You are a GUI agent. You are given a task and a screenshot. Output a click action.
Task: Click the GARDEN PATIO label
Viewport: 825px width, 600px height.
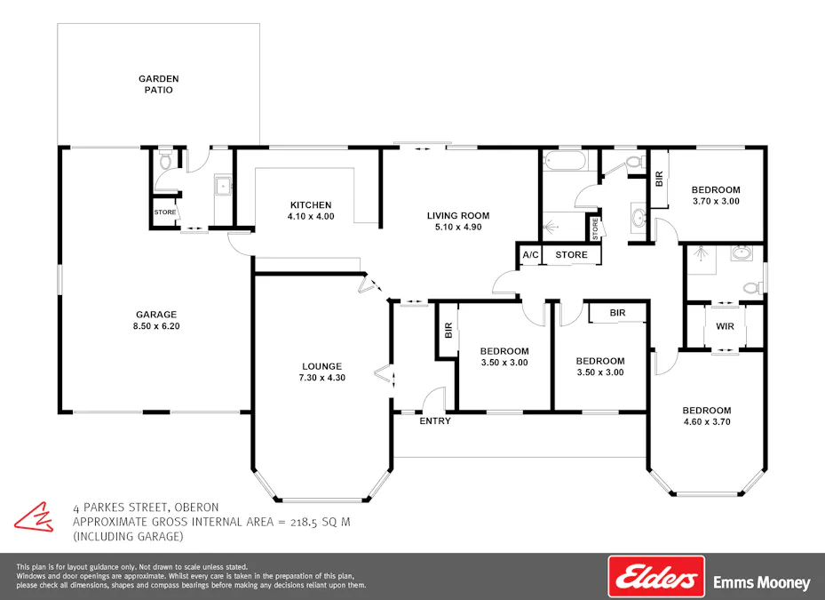pyautogui.click(x=159, y=84)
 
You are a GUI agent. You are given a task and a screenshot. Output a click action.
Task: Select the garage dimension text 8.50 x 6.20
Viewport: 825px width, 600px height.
pyautogui.click(x=156, y=326)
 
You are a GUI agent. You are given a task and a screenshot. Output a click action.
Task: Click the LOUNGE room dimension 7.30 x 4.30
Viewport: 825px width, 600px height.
pyautogui.click(x=321, y=378)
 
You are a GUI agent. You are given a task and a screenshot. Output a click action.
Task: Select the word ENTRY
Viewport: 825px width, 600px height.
pyautogui.click(x=435, y=421)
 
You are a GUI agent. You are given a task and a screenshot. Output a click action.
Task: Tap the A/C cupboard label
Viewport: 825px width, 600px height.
pyautogui.click(x=531, y=255)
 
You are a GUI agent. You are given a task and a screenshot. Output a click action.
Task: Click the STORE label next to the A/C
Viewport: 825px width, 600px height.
pyautogui.click(x=571, y=255)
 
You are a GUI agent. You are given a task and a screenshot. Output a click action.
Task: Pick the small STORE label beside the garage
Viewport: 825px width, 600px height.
pyautogui.click(x=165, y=212)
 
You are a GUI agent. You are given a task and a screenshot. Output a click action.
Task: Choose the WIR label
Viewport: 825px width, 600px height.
pyautogui.click(x=725, y=326)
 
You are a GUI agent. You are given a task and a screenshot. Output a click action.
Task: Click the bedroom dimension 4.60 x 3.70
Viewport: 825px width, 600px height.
pyautogui.click(x=706, y=422)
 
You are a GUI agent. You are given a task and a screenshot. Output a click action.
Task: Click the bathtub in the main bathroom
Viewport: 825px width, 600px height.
pyautogui.click(x=565, y=162)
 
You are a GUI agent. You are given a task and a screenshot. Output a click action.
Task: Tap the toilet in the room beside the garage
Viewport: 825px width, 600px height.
pyautogui.click(x=163, y=163)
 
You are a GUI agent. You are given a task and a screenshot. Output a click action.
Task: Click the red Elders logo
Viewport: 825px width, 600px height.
pyautogui.click(x=655, y=577)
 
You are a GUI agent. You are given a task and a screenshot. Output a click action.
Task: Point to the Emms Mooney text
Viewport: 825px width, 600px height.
pyautogui.click(x=762, y=583)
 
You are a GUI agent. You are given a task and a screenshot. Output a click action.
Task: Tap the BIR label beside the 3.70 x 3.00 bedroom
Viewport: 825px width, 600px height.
pyautogui.click(x=659, y=179)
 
